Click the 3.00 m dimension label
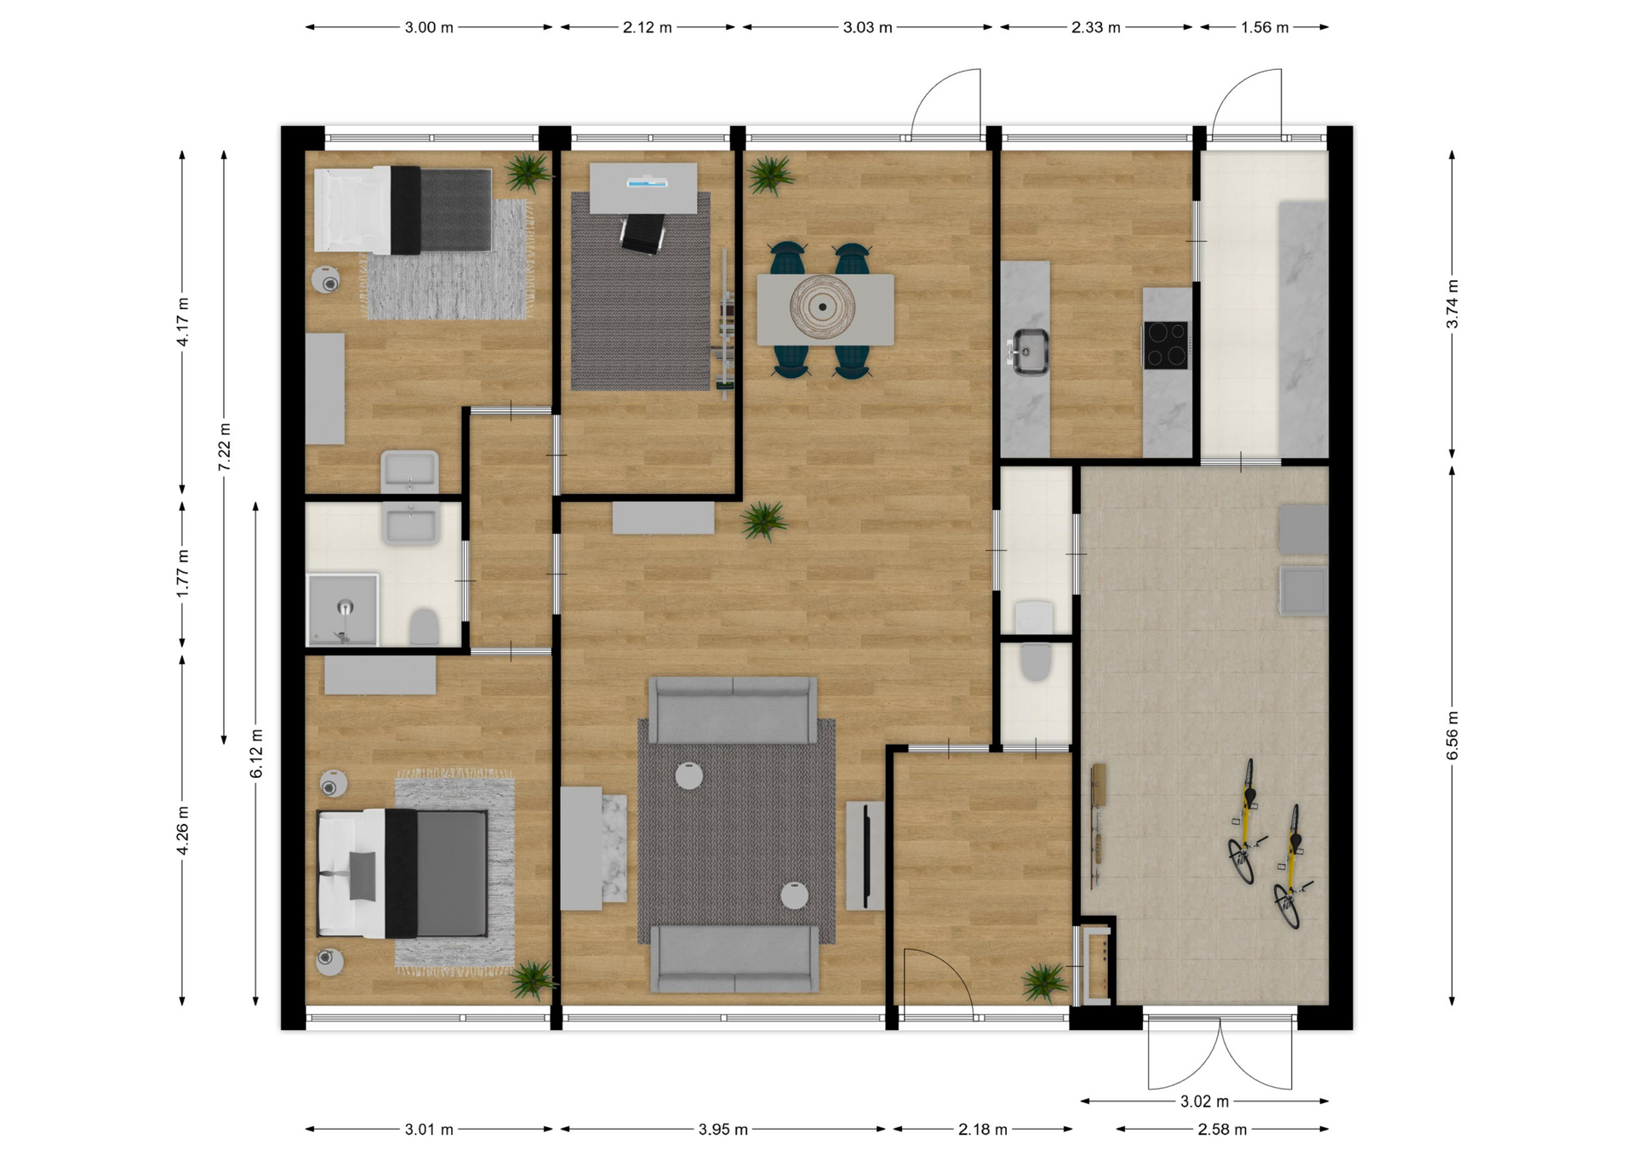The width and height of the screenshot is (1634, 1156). pyautogui.click(x=429, y=27)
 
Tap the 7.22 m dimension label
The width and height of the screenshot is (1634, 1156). pyautogui.click(x=225, y=447)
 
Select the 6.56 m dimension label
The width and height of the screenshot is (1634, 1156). pyautogui.click(x=1453, y=735)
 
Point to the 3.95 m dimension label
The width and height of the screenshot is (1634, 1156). pyautogui.click(x=723, y=1130)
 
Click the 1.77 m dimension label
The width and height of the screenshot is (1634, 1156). pyautogui.click(x=183, y=573)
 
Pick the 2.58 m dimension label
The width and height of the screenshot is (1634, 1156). pyautogui.click(x=1222, y=1130)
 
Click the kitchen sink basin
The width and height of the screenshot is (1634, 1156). pyautogui.click(x=1029, y=351)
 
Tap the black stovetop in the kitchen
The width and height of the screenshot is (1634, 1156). pyautogui.click(x=1166, y=344)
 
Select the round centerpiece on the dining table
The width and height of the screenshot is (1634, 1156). pyautogui.click(x=822, y=307)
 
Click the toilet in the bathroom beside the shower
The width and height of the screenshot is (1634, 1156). pyautogui.click(x=424, y=627)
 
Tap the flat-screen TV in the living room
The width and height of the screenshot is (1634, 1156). pyautogui.click(x=866, y=856)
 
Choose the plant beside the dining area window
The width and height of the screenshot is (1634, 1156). pyautogui.click(x=771, y=175)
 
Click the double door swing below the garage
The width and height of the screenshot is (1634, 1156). pyautogui.click(x=1220, y=1053)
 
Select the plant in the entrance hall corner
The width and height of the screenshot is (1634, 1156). pyautogui.click(x=1044, y=982)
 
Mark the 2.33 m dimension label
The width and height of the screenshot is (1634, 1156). pyautogui.click(x=1096, y=27)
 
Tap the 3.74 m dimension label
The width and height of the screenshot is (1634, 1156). pyautogui.click(x=1453, y=304)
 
